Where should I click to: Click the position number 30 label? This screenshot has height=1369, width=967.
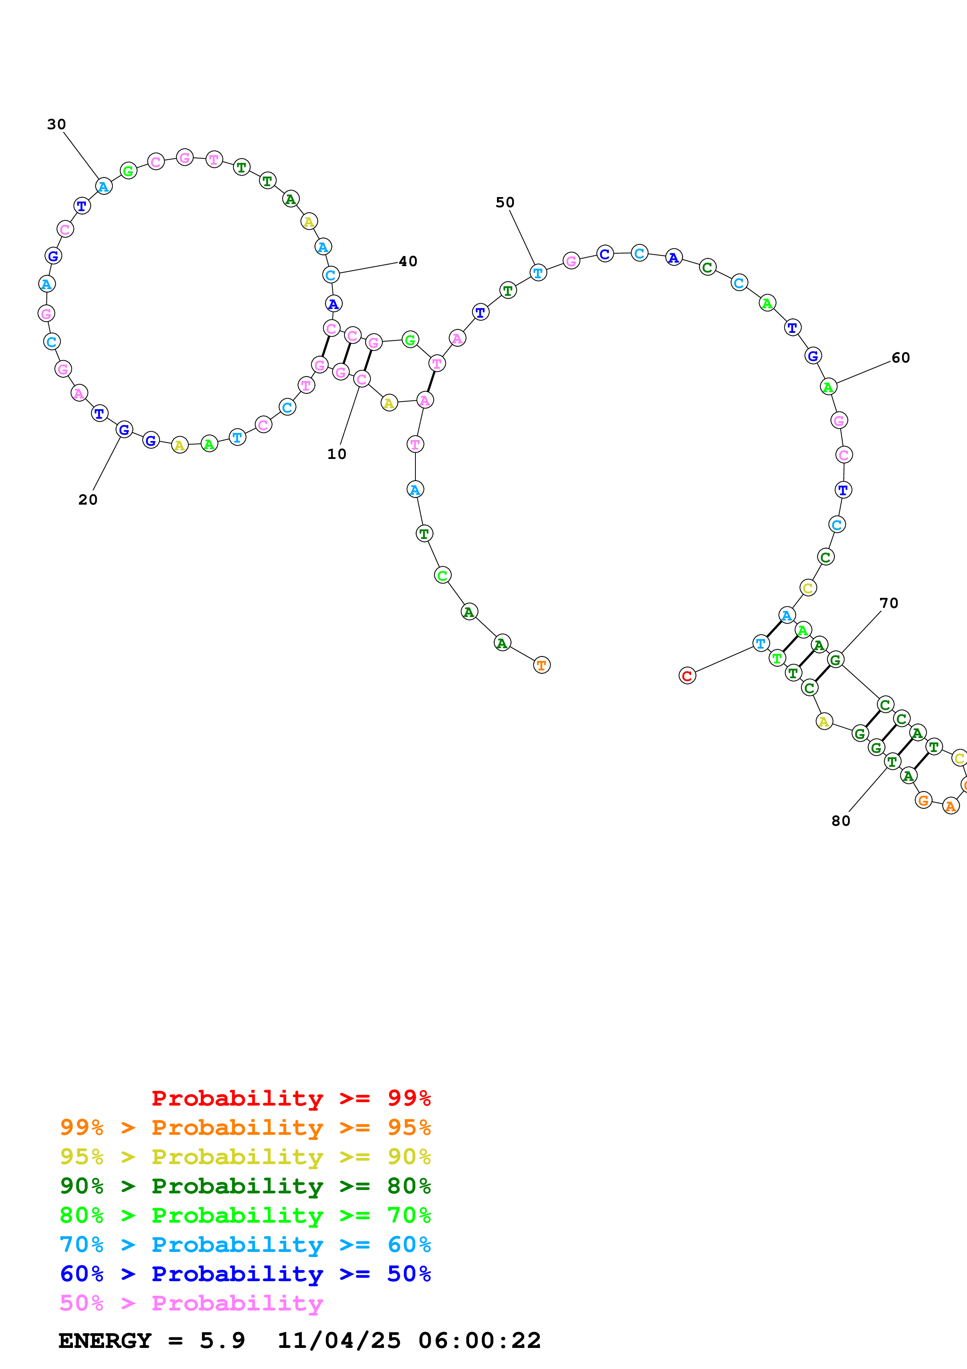click(x=57, y=124)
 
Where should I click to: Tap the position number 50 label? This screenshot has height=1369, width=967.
click(x=505, y=202)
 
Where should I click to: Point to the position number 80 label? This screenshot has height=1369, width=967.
click(x=841, y=820)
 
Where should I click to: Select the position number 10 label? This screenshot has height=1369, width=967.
click(x=337, y=454)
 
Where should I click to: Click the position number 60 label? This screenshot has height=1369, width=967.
click(x=900, y=358)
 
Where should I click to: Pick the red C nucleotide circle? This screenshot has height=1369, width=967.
click(x=687, y=676)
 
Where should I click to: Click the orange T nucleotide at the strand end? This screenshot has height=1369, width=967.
click(x=541, y=665)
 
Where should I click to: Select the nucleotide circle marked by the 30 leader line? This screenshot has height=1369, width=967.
click(x=104, y=187)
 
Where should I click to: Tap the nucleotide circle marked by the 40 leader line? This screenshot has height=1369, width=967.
click(x=331, y=275)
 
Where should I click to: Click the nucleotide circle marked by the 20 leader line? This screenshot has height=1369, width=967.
click(x=124, y=429)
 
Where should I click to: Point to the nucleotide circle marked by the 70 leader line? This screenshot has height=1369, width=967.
click(x=835, y=660)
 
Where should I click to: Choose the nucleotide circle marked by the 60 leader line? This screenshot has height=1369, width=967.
click(x=828, y=387)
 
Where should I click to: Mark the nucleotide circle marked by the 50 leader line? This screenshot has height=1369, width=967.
click(x=538, y=273)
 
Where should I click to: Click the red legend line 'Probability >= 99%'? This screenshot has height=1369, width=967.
click(x=291, y=1098)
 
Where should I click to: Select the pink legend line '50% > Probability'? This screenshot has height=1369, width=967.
click(x=191, y=1303)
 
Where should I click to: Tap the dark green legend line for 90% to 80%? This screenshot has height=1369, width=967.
click(x=245, y=1185)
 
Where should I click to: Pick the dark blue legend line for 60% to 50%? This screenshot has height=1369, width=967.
click(x=245, y=1274)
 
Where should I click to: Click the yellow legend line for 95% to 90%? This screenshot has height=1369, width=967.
click(x=245, y=1156)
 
